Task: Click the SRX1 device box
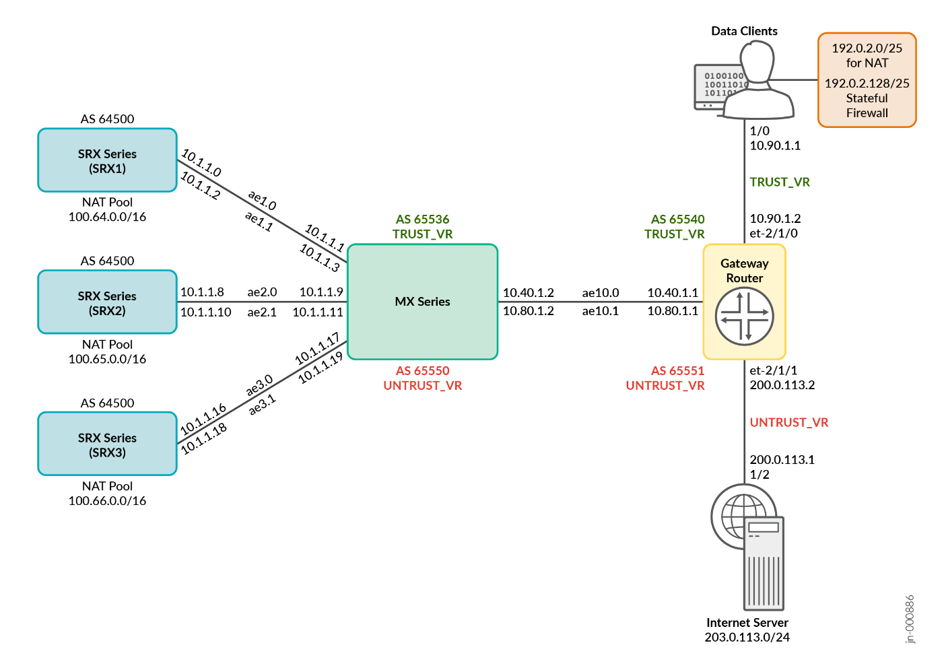(107, 160)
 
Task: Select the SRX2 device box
(107, 302)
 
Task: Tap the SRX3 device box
(107, 444)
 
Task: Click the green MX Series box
(422, 302)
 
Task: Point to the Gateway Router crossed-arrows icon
(744, 316)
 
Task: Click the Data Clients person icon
(757, 81)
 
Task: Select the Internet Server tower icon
(763, 563)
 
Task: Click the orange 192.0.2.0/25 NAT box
(867, 80)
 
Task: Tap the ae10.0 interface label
(601, 293)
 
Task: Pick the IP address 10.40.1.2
(529, 293)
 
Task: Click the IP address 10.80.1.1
(673, 311)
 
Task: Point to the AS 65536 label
(422, 220)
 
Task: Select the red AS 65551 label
(677, 371)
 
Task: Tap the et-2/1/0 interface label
(774, 234)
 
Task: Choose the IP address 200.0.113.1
(782, 460)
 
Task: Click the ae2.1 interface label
(262, 312)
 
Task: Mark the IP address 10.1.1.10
(205, 312)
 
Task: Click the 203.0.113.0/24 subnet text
(747, 637)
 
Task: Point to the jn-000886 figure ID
(910, 619)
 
